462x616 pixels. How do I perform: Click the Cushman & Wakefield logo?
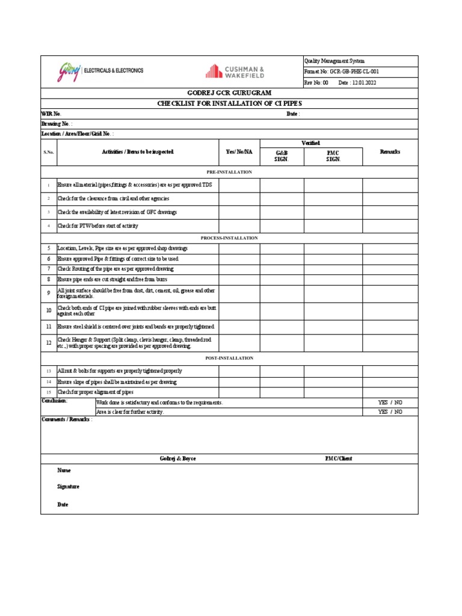[234, 72]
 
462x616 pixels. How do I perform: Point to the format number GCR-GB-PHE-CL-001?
[354, 72]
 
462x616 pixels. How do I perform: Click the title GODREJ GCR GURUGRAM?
[229, 93]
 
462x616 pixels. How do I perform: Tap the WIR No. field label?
[51, 114]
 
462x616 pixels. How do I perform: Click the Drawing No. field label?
[57, 123]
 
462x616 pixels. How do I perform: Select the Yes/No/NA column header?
[239, 152]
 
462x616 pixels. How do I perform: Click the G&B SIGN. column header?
[282, 156]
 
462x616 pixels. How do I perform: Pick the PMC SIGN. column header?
[333, 156]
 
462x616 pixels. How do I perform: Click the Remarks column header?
[390, 152]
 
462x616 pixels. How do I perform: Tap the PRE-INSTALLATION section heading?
[229, 172]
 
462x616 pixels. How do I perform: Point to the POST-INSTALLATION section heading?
[229, 358]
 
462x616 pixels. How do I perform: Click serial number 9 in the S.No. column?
[49, 293]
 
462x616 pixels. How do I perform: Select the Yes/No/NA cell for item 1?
[239, 184]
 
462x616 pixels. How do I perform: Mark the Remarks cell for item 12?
[390, 342]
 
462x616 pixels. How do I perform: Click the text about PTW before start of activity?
[97, 226]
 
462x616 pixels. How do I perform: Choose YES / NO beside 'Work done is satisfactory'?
[390, 402]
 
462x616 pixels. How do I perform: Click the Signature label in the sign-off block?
[68, 487]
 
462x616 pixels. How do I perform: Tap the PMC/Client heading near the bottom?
[338, 458]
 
